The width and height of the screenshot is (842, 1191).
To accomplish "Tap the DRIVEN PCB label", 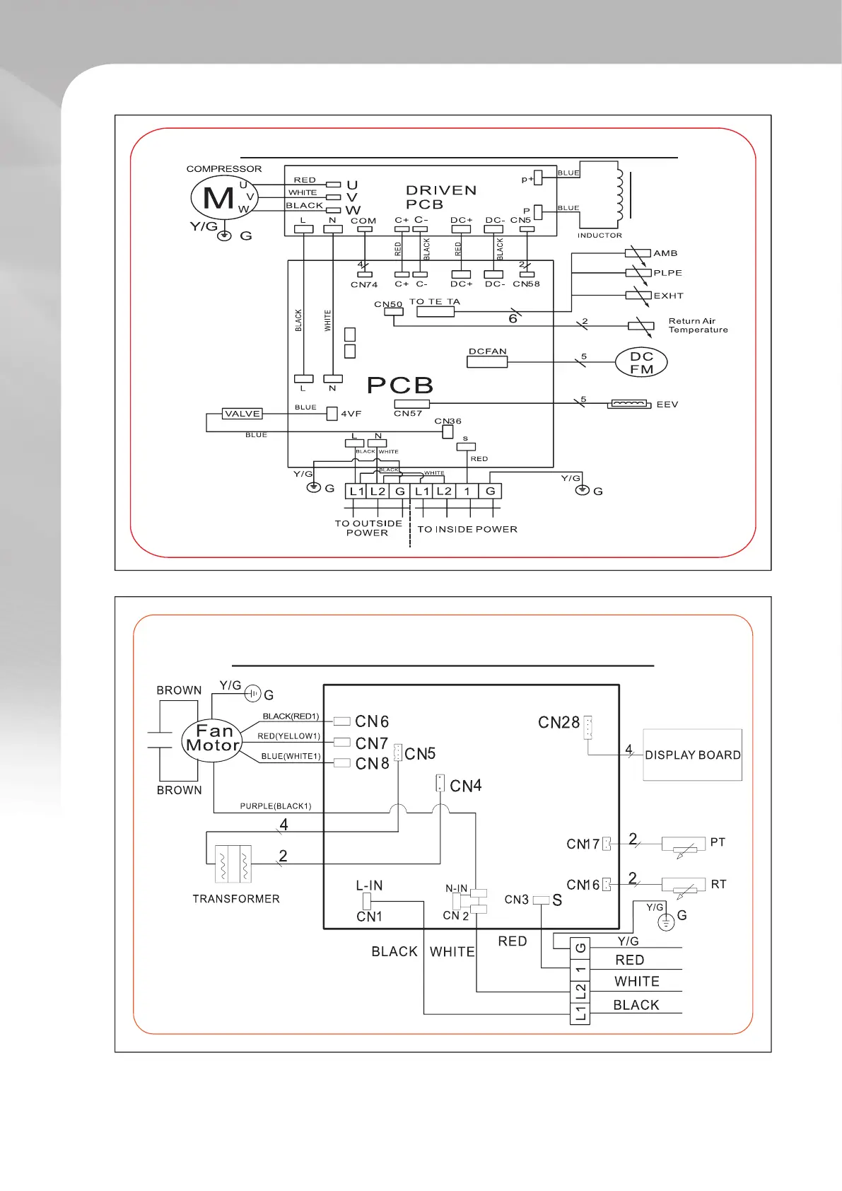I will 440,197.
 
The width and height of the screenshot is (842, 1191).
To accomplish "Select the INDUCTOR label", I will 600,236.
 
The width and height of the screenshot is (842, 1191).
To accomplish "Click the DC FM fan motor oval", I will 641,362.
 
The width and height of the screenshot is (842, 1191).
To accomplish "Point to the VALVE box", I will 242,414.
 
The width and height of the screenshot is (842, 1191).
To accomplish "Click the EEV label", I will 667,405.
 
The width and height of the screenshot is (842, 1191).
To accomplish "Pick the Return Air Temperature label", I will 698,325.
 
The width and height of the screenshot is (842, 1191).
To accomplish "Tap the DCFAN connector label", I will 488,352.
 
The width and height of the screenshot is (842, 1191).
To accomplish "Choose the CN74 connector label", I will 364,285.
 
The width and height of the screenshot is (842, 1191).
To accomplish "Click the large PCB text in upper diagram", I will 400,385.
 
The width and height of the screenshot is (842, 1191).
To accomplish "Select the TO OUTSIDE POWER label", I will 368,528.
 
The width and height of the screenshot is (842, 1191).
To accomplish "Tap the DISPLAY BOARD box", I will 692,755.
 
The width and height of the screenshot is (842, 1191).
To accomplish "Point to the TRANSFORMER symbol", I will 233,864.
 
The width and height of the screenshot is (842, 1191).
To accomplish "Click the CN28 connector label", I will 559,723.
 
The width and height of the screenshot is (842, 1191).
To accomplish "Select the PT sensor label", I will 718,842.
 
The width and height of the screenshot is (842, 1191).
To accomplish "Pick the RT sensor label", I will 718,884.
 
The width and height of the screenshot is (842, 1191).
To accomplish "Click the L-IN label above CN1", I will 369,885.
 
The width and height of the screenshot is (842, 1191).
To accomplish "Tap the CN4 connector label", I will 465,786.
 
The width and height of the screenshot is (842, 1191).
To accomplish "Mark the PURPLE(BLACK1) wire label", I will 276,806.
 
